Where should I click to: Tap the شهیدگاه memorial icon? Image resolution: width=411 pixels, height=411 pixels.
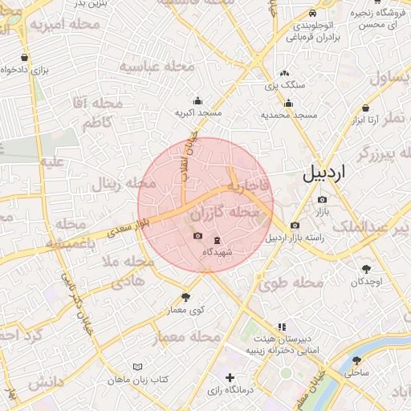pyautogui.click(x=216, y=240)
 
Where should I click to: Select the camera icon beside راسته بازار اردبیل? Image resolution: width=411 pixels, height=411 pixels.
pyautogui.click(x=295, y=226)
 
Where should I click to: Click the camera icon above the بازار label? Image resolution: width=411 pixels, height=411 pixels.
pyautogui.click(x=322, y=199)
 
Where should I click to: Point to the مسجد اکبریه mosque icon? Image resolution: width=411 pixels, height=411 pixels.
pyautogui.click(x=198, y=101)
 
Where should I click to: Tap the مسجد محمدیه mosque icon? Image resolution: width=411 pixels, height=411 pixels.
pyautogui.click(x=289, y=103)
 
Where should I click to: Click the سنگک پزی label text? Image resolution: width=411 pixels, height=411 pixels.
pyautogui.click(x=286, y=83)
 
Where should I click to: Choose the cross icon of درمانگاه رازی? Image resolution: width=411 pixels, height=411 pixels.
pyautogui.click(x=230, y=377)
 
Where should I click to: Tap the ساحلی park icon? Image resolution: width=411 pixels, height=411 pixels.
pyautogui.click(x=356, y=361)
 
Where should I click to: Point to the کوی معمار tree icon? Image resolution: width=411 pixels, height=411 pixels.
pyautogui.click(x=186, y=297)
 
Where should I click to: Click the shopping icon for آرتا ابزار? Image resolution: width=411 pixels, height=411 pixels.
pyautogui.click(x=366, y=108)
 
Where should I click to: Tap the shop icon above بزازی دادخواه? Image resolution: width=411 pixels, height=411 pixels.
pyautogui.click(x=25, y=58)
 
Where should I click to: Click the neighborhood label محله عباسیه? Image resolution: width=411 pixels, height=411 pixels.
pyautogui.click(x=157, y=68)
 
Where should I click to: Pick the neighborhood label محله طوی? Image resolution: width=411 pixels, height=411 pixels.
pyautogui.click(x=291, y=283)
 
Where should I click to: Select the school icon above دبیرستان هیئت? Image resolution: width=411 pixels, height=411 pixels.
pyautogui.click(x=281, y=327)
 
